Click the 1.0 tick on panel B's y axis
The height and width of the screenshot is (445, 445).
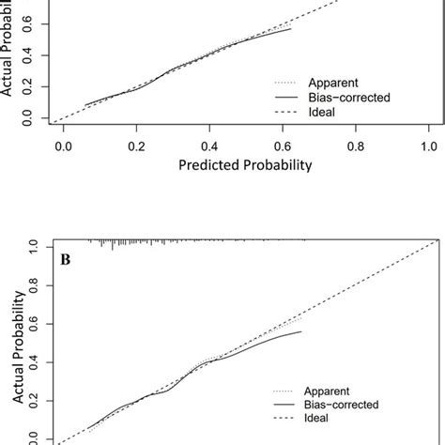[34, 245]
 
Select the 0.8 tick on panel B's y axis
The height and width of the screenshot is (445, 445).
[34, 284]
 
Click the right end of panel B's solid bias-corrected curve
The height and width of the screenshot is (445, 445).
[301, 331]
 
